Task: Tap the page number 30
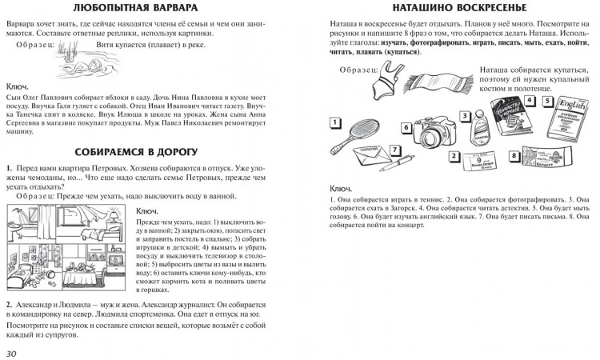click(x=14, y=351)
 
